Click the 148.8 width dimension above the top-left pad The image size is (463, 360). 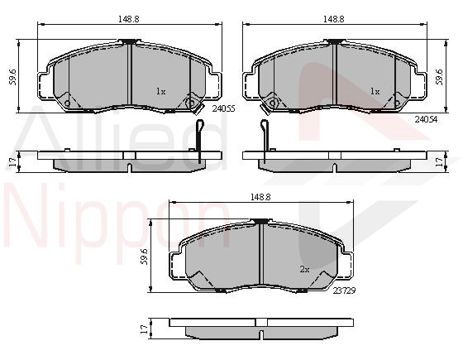(129, 19)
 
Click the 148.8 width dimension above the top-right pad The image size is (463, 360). (334, 19)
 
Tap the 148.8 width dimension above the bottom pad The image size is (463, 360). (260, 197)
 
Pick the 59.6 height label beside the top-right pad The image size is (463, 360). (440, 77)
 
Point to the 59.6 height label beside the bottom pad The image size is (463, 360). (145, 257)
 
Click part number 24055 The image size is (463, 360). (223, 108)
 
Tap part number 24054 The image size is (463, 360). (426, 119)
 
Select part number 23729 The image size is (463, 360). (344, 290)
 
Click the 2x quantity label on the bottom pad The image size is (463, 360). (304, 269)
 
